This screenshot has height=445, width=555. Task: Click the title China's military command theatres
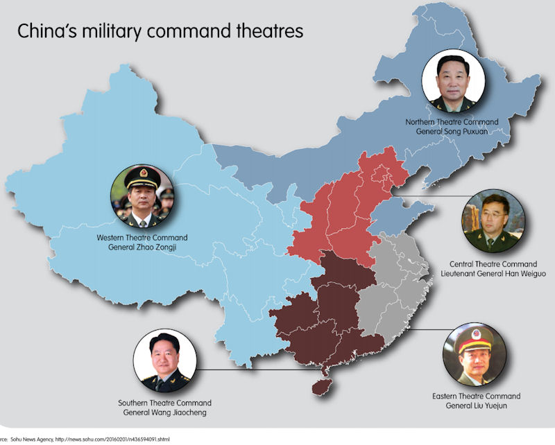(x=160, y=32)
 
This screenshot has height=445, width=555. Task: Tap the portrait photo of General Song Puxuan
(x=452, y=81)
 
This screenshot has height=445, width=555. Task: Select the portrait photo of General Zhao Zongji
(x=142, y=197)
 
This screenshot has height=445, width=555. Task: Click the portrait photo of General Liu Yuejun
(x=474, y=356)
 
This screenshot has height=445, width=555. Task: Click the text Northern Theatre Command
(x=452, y=122)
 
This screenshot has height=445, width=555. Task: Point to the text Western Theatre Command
(x=142, y=238)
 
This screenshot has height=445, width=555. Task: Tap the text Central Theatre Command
(x=493, y=264)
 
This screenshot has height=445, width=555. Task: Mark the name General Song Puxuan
(x=452, y=132)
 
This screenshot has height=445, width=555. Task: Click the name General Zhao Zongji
(x=142, y=247)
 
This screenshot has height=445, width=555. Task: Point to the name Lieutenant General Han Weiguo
(x=493, y=274)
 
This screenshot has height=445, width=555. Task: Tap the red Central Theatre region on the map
(x=340, y=215)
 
